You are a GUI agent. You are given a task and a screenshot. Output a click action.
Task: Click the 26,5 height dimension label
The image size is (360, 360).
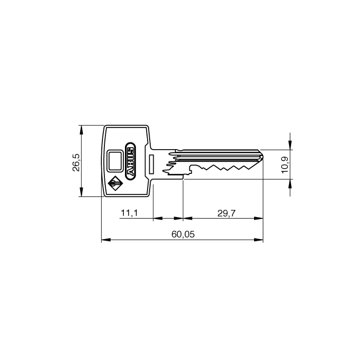[x=76, y=163]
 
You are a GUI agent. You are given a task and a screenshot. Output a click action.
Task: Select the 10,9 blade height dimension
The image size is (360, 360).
[x=285, y=165]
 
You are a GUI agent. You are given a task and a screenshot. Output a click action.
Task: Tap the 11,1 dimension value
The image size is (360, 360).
[x=130, y=213]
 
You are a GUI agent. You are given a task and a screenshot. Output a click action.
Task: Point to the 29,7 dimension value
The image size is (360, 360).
[x=227, y=213]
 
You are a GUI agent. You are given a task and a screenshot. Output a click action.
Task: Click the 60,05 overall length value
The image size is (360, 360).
[x=183, y=235]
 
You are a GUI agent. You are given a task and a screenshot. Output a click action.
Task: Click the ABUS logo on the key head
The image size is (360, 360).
[x=131, y=161]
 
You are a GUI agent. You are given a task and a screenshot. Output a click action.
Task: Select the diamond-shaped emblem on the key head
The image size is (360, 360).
[x=115, y=184]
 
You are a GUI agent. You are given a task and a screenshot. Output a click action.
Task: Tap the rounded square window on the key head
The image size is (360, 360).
[x=115, y=160]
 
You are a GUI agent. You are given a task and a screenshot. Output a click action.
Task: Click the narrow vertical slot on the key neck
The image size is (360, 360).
[x=151, y=165]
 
